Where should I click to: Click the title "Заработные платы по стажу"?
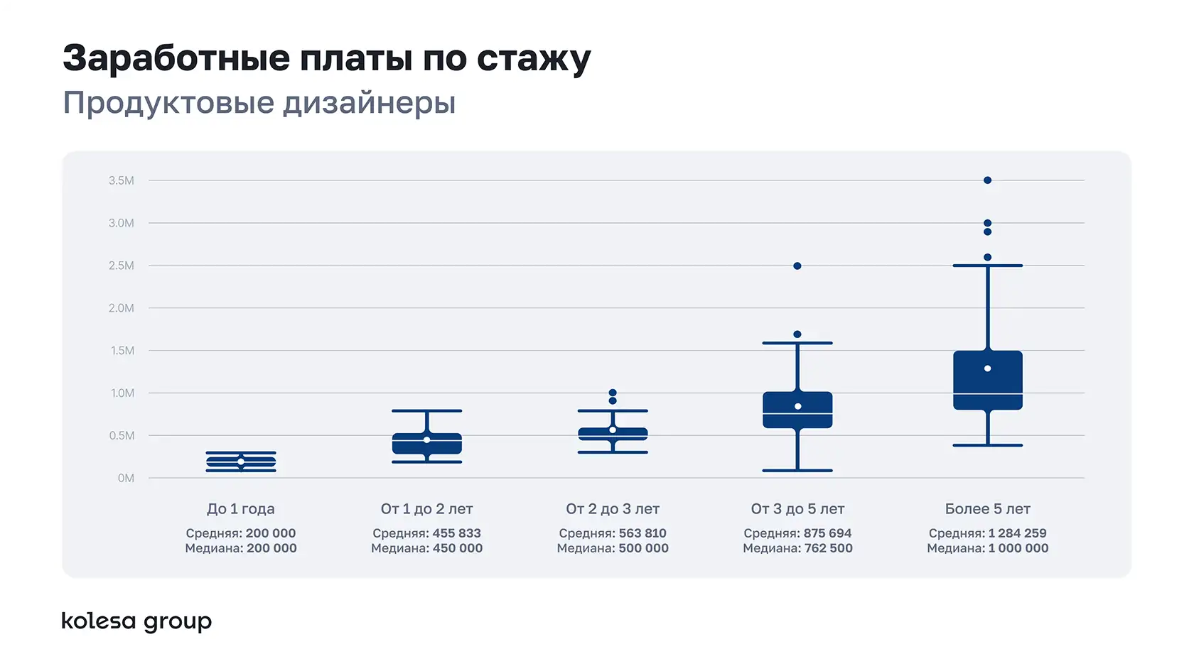326,58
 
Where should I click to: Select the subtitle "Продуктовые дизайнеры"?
259,103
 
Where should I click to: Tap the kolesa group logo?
136,621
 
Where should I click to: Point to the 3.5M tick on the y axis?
121,180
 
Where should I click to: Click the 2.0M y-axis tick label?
121,308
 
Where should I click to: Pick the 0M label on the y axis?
126,479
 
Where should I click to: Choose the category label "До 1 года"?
240,509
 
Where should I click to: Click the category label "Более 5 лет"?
987,509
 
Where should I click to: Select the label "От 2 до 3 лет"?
613,509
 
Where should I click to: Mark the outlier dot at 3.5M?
987,180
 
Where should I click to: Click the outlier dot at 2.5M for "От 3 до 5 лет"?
797,266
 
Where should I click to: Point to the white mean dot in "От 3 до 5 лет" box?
797,406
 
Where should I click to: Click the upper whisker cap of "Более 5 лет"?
987,266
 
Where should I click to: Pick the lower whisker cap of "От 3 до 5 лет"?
797,470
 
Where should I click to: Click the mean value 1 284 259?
1017,533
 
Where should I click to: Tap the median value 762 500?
828,548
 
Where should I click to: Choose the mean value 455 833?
456,533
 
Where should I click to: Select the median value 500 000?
643,548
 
